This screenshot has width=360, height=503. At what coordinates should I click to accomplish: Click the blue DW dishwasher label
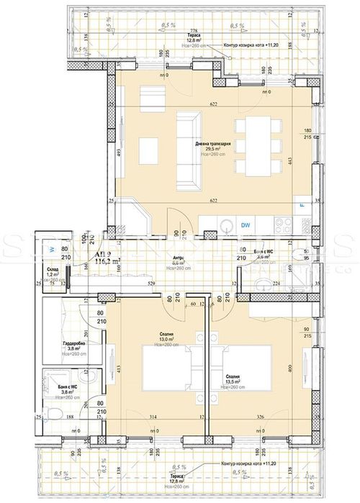(246, 224)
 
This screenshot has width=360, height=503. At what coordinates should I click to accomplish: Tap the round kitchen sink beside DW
(225, 224)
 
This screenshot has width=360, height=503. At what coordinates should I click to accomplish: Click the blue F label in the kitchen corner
(301, 207)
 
